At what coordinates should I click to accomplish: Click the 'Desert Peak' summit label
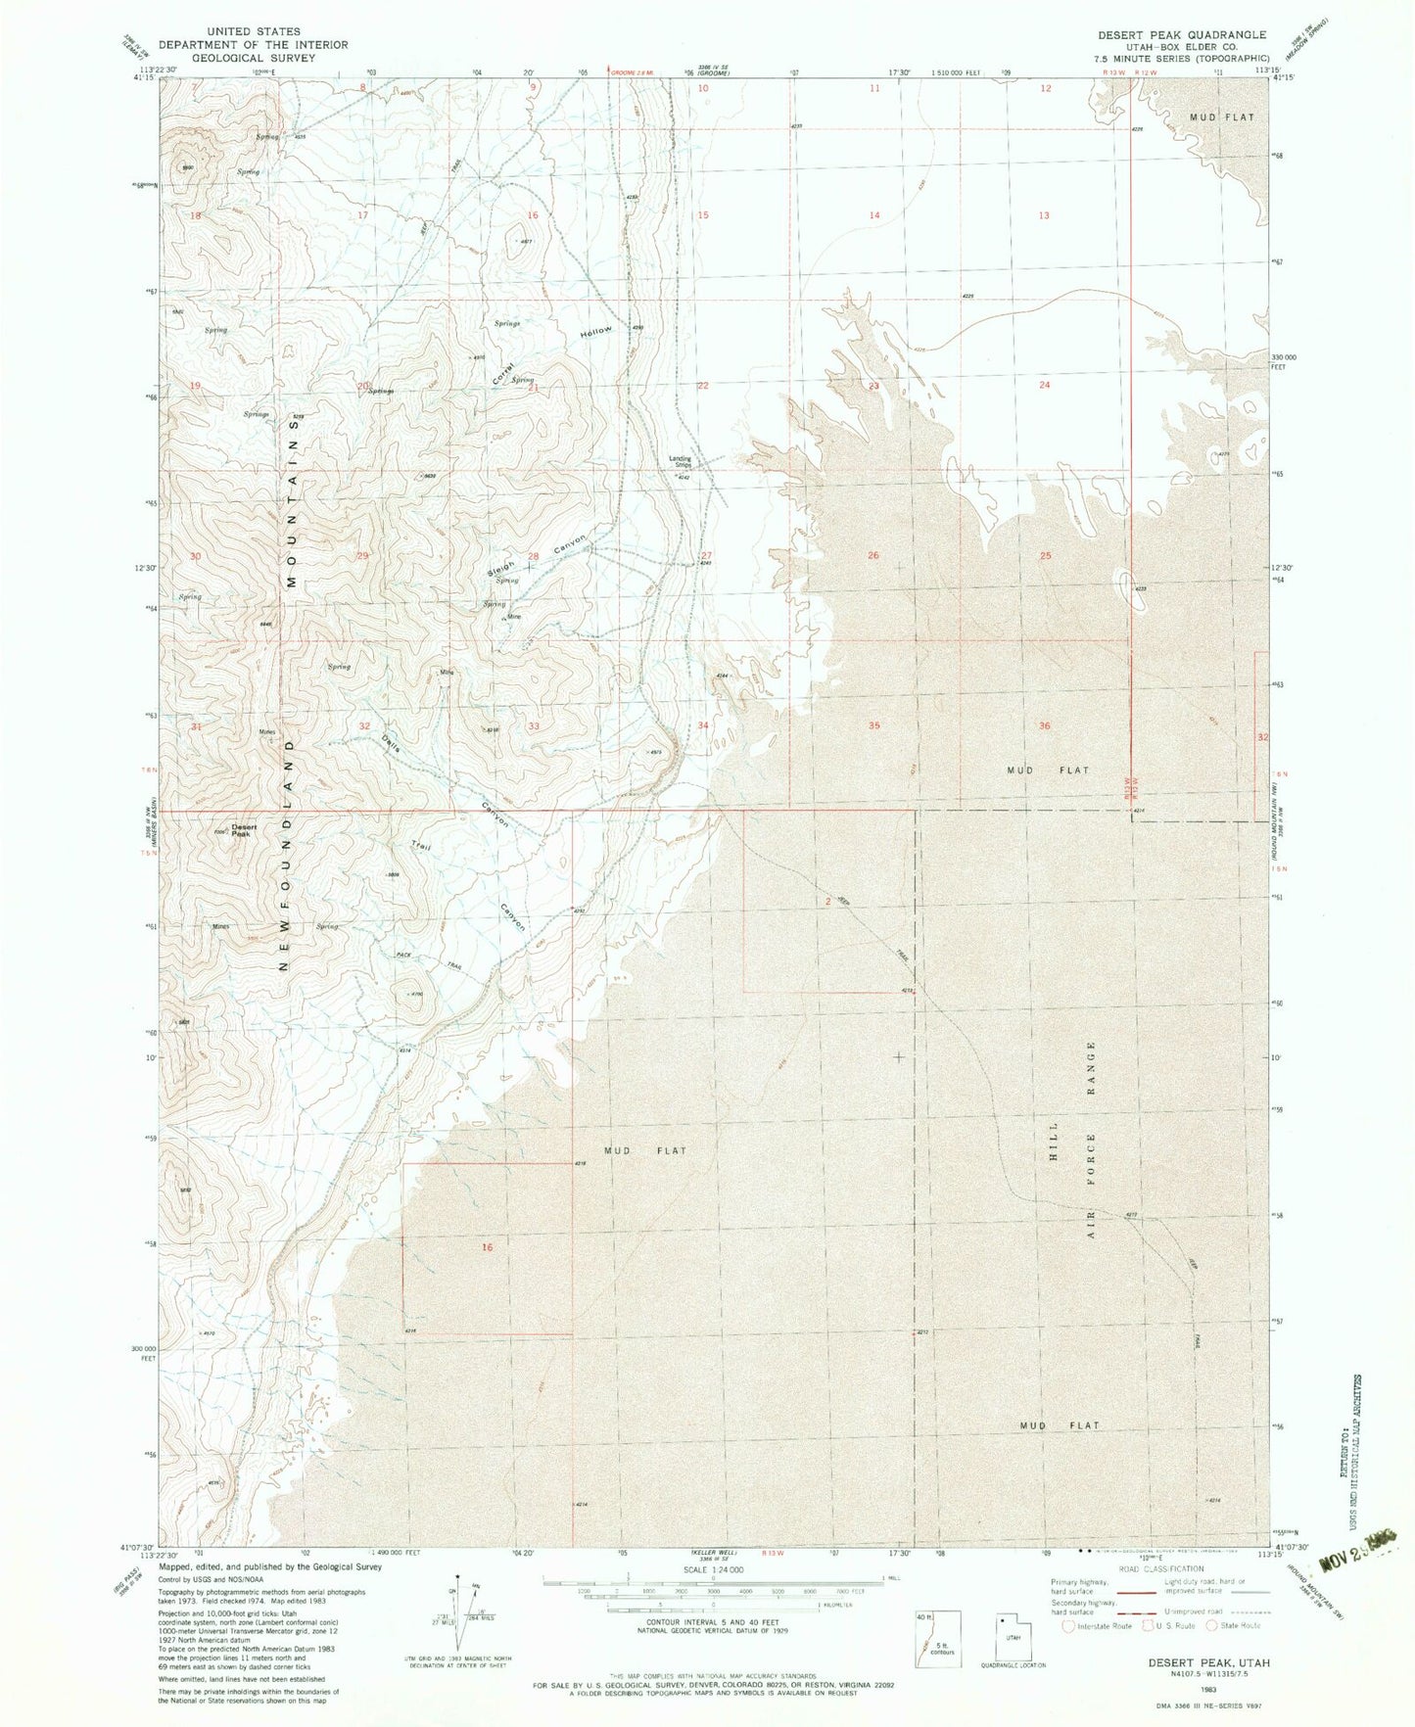coord(244,830)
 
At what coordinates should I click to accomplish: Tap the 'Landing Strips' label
coord(681,461)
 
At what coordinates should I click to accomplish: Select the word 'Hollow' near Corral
coord(594,333)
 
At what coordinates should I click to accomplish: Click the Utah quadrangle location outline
coord(1015,1637)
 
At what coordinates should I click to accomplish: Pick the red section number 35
coord(874,726)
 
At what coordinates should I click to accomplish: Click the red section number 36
coord(1045,726)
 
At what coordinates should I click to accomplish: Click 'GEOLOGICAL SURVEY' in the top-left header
coord(254,58)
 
